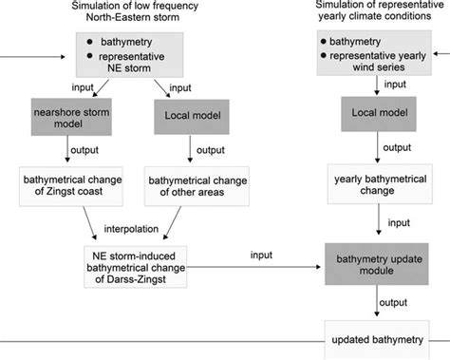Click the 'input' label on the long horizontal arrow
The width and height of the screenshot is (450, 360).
[263, 255]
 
